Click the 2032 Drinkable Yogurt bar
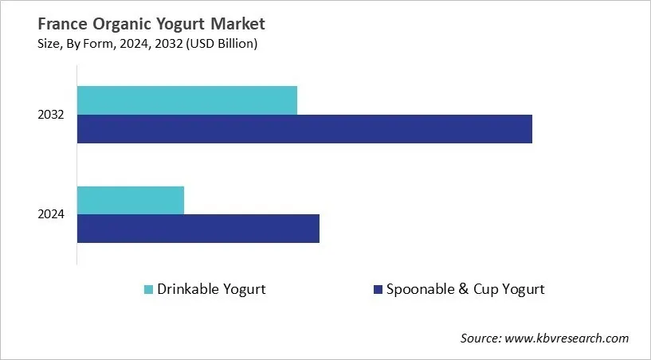tap(187, 100)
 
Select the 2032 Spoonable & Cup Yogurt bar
tap(304, 129)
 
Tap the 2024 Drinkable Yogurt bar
tap(131, 200)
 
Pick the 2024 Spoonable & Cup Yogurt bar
tap(198, 229)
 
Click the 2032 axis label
tap(50, 115)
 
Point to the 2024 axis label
tap(50, 214)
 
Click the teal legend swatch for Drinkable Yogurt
tap(148, 290)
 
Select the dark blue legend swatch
tap(377, 290)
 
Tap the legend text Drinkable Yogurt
tap(211, 289)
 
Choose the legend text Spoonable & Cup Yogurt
tap(465, 289)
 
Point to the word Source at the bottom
tap(480, 338)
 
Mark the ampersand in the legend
tap(462, 289)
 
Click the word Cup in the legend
tap(487, 289)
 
